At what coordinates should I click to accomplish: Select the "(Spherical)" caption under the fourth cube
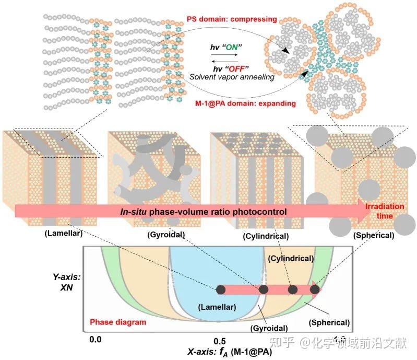(373, 235)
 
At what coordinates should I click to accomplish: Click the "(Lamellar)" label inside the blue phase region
(217, 307)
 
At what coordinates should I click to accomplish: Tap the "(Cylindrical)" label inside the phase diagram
(291, 258)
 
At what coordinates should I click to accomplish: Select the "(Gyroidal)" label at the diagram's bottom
(268, 328)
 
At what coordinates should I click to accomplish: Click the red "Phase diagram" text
(118, 322)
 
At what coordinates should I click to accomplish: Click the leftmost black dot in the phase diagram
(221, 289)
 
